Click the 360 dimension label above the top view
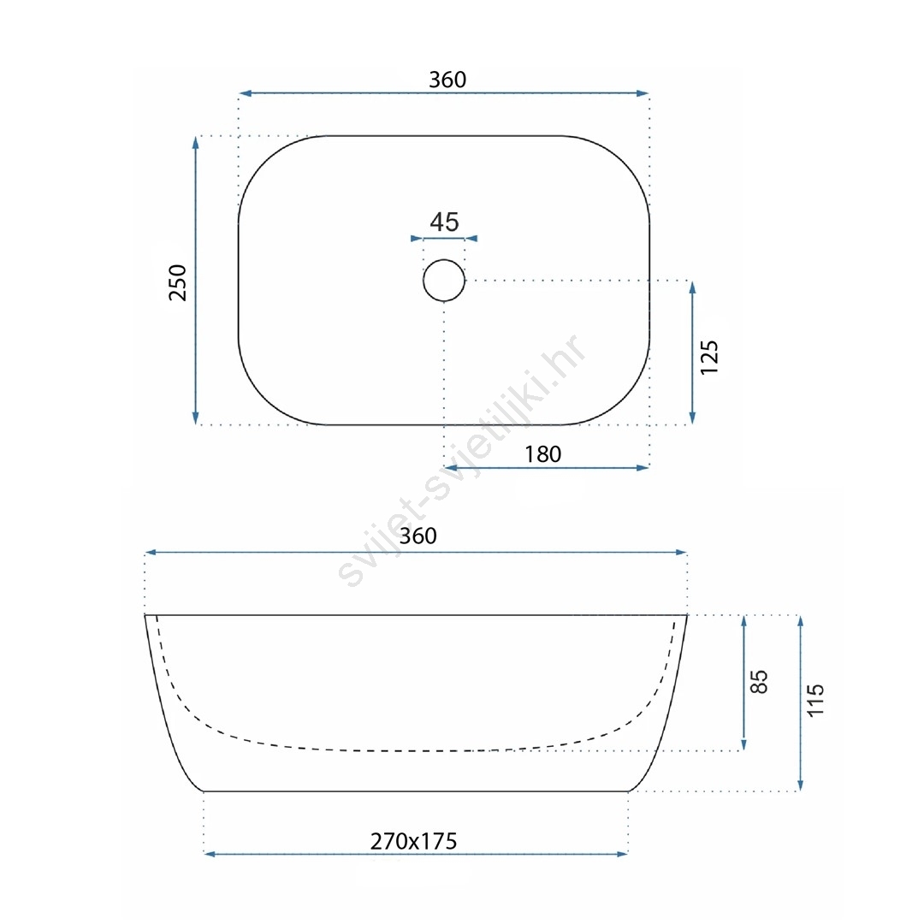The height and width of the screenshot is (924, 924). [x=447, y=80]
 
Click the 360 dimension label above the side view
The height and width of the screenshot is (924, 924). [x=418, y=536]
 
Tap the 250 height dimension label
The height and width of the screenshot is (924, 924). [x=177, y=283]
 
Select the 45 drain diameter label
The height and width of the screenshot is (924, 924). [x=444, y=222]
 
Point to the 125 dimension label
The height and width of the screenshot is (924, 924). [x=709, y=357]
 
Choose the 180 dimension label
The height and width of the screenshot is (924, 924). [x=542, y=454]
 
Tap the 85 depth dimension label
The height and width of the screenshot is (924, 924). [x=759, y=682]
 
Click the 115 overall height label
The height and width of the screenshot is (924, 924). [x=815, y=700]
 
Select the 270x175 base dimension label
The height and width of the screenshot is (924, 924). [x=414, y=841]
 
